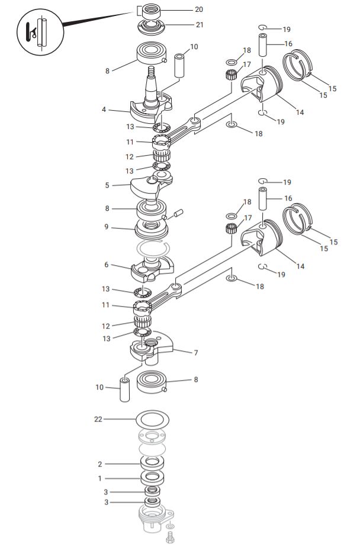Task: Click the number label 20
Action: (199, 9)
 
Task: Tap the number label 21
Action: (199, 25)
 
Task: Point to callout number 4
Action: (104, 110)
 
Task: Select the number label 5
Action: (107, 185)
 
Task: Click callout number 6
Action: (107, 265)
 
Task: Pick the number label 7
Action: (195, 352)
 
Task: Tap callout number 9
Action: (107, 226)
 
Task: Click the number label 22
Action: (98, 419)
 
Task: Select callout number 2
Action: (100, 464)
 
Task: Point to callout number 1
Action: (100, 478)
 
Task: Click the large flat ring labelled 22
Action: (152, 420)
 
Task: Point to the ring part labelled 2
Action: (152, 463)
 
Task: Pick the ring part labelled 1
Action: (152, 477)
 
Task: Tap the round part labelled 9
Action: (152, 227)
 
